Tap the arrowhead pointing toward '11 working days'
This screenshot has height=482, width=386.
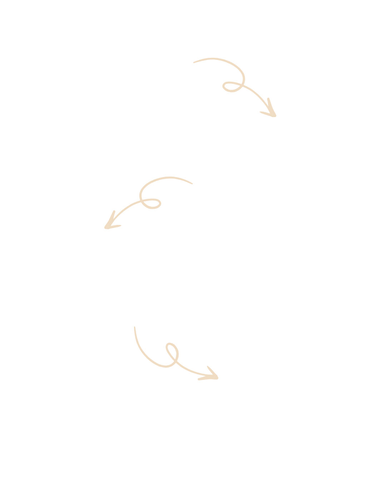click(111, 224)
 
